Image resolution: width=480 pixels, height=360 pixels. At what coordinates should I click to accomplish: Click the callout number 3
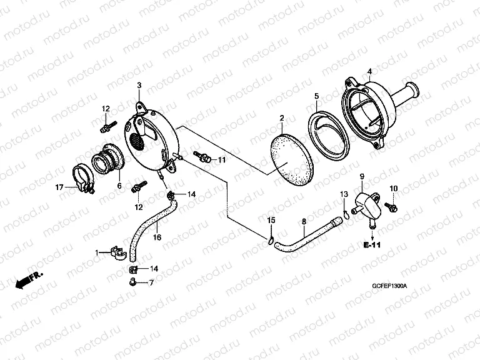139,85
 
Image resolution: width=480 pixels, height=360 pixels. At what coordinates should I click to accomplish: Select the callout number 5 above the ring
316,96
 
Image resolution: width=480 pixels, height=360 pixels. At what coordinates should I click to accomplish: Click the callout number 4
369,71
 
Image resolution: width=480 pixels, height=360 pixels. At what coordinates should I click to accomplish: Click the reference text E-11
372,245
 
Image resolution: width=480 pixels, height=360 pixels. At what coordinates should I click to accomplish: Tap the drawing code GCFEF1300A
389,286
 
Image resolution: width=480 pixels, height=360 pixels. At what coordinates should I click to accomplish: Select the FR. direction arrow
29,279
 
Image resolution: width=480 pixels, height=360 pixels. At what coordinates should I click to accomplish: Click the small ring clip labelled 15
270,241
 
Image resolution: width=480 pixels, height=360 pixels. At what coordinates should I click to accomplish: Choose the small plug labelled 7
132,281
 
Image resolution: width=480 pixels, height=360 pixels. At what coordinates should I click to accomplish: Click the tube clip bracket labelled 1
119,252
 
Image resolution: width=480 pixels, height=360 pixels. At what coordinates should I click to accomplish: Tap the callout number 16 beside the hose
157,237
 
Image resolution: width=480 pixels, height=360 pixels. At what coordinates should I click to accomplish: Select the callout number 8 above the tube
304,221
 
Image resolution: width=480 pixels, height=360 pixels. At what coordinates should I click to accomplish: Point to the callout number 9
362,176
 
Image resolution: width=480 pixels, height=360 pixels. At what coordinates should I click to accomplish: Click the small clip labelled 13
345,214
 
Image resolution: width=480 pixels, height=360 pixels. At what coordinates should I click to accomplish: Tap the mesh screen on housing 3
137,141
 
